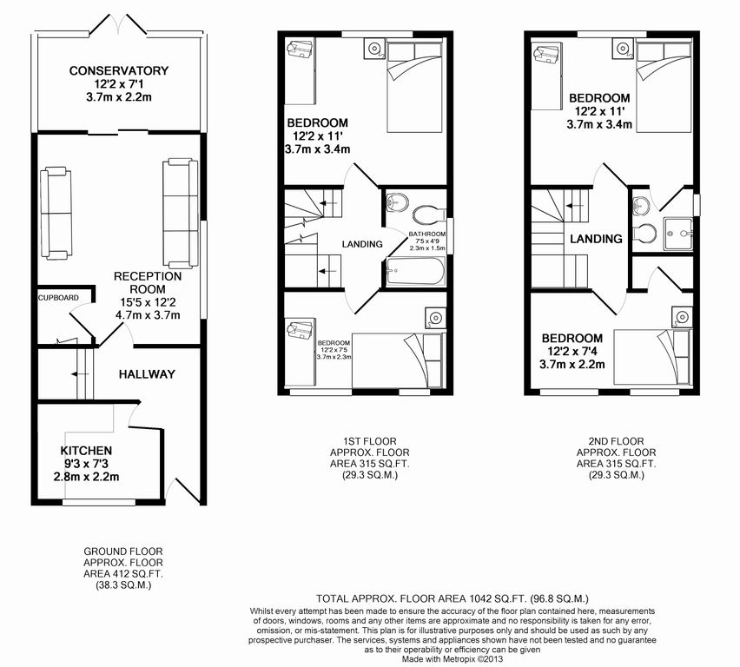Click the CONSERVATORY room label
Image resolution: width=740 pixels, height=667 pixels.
click(x=119, y=71)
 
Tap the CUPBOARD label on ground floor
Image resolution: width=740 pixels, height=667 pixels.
click(x=58, y=298)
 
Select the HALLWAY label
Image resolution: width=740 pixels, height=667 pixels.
click(x=147, y=374)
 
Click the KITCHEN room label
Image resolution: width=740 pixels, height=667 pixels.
click(x=86, y=451)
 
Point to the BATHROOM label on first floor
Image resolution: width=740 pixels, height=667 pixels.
click(x=427, y=234)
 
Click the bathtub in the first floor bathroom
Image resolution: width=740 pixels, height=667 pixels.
click(x=415, y=272)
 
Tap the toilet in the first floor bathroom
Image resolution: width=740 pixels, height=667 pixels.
click(x=428, y=215)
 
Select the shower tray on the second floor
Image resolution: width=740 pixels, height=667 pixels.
click(x=677, y=234)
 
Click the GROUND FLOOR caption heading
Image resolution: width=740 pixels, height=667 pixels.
click(x=123, y=551)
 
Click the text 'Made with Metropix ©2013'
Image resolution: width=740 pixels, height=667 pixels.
click(x=453, y=658)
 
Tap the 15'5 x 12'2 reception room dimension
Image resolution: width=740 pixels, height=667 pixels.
click(x=148, y=302)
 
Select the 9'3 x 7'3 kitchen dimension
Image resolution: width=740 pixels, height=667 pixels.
click(x=86, y=464)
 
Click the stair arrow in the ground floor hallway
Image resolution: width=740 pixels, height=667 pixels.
click(x=80, y=374)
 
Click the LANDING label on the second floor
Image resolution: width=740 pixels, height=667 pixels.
click(x=596, y=239)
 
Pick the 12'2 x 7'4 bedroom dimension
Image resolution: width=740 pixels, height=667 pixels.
click(x=572, y=352)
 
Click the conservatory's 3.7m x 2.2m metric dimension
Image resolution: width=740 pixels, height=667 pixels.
click(x=119, y=98)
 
